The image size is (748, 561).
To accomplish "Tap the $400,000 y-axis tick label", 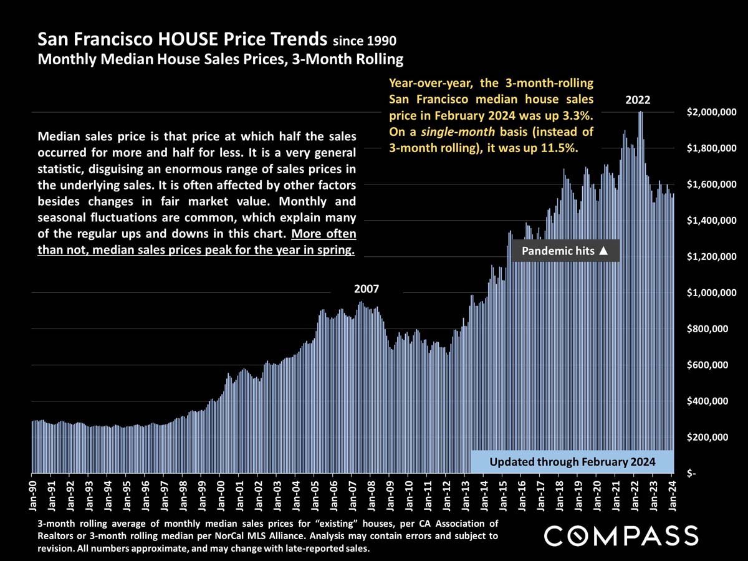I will pyautogui.click(x=711, y=401).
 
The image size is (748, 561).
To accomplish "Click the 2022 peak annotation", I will pyautogui.click(x=638, y=100).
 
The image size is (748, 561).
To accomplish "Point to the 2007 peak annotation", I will pyautogui.click(x=367, y=289).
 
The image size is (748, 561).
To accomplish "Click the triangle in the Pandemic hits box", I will pyautogui.click(x=603, y=251).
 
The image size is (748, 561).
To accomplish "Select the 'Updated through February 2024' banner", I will pyautogui.click(x=572, y=462).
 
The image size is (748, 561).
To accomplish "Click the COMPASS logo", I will pyautogui.click(x=621, y=536).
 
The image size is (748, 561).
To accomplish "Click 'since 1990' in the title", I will pyautogui.click(x=365, y=42).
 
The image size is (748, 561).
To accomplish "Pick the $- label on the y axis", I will pyautogui.click(x=692, y=474).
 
